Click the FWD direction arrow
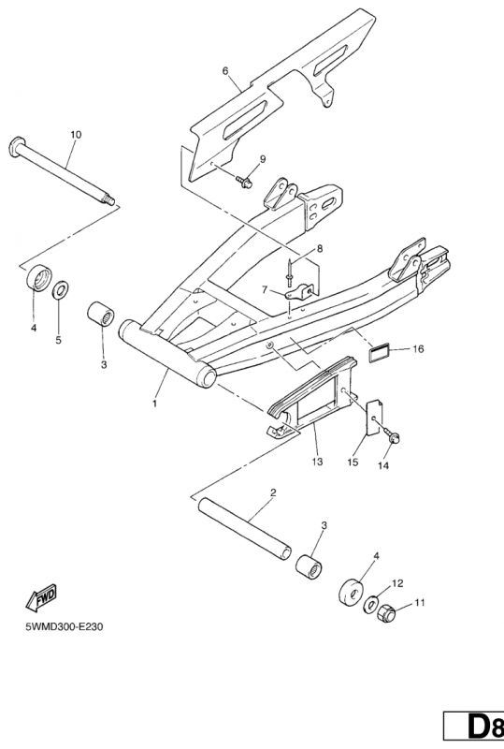coord(41,596)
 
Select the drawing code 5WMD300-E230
coord(65,626)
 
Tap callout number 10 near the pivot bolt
coord(76,135)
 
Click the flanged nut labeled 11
coord(386,613)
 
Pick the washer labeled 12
coord(370,604)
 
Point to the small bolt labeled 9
coord(244,181)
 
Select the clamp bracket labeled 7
coord(299,291)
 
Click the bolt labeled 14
coord(392,435)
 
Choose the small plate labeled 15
coord(373,419)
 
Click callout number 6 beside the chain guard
coord(225,71)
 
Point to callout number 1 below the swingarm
coord(154,404)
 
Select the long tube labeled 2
coord(245,528)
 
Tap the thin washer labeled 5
coord(60,290)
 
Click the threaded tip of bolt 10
coord(110,199)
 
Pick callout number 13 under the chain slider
coord(317,462)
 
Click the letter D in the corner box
coord(478,727)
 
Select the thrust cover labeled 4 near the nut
coord(352,594)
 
